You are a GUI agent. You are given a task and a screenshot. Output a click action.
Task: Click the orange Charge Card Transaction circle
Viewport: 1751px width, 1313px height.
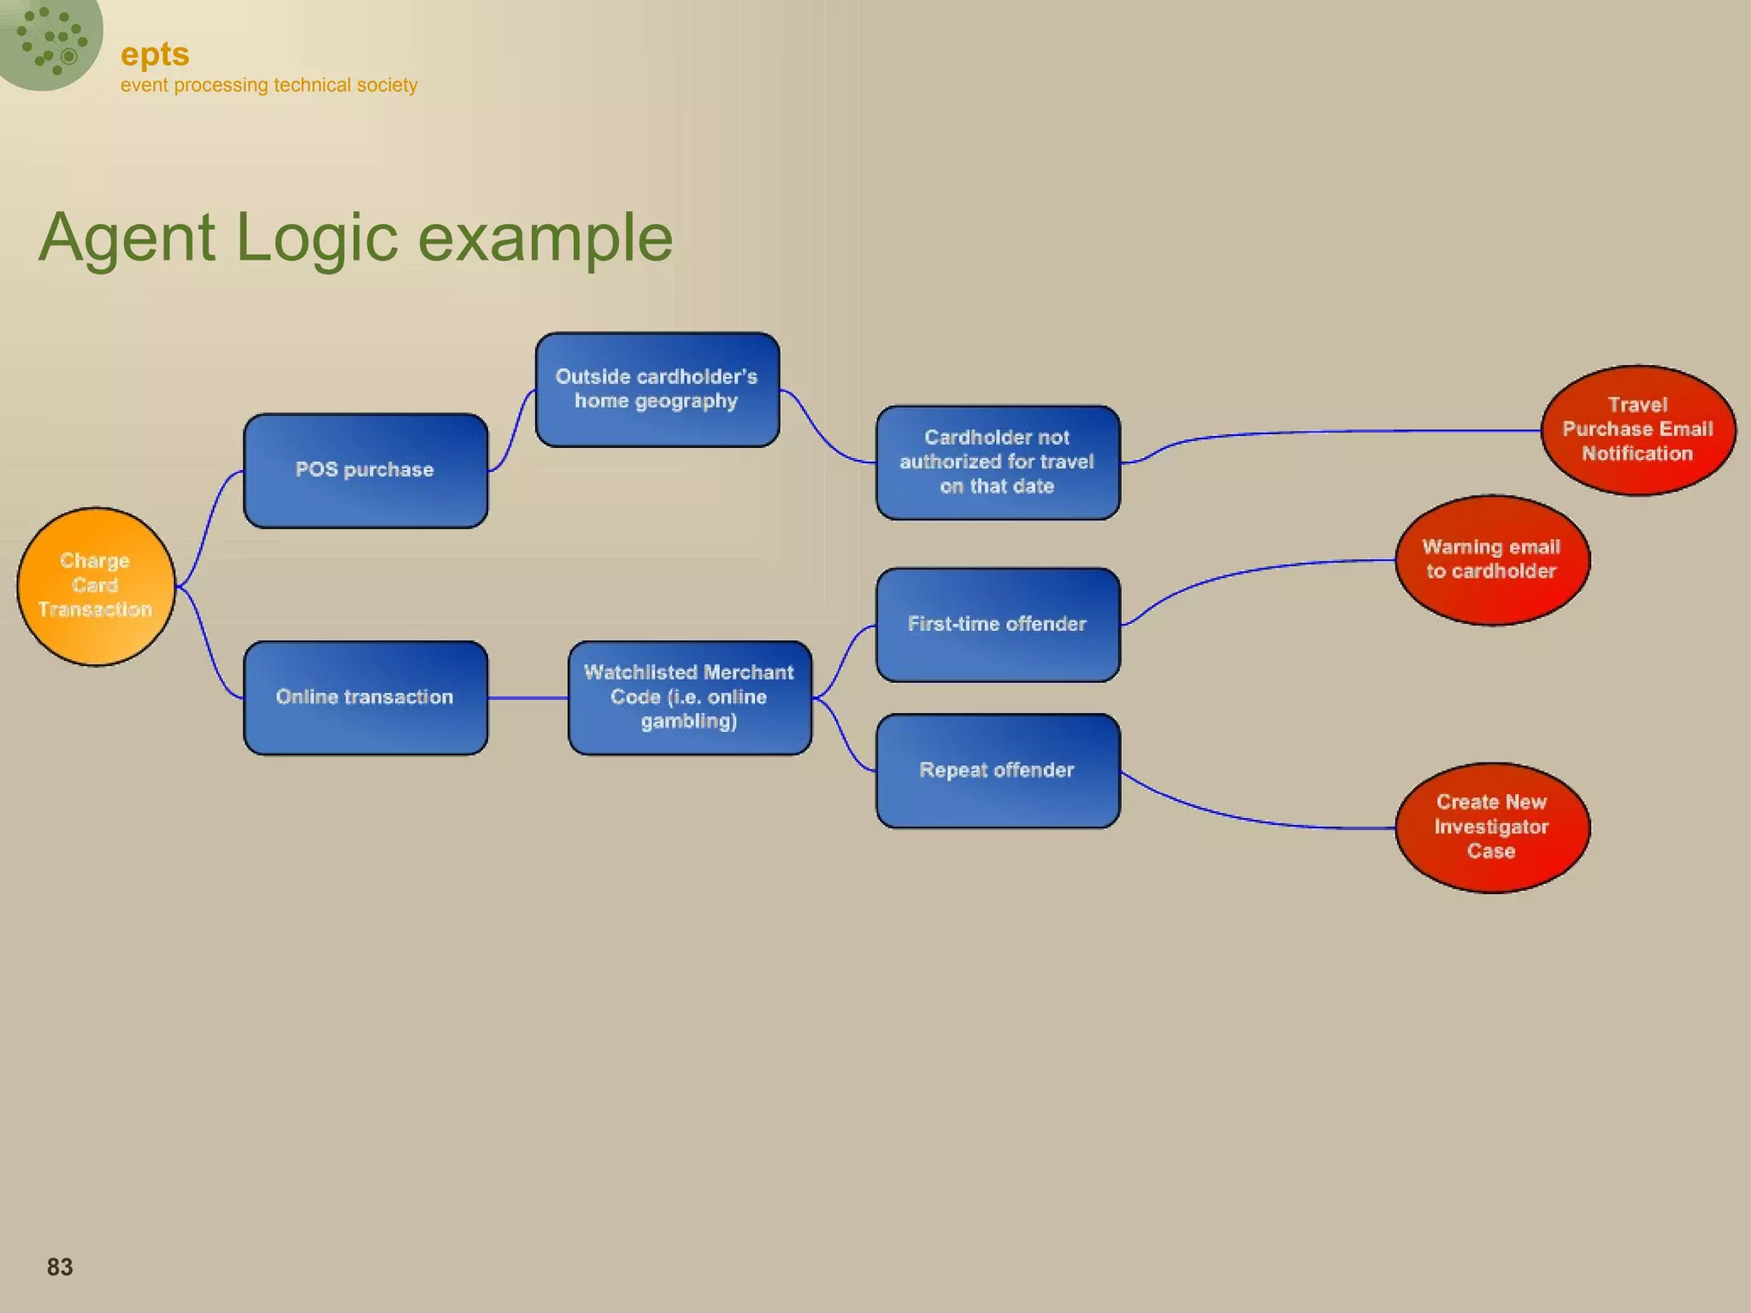pyautogui.click(x=96, y=586)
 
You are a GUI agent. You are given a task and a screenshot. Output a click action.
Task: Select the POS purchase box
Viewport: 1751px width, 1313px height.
pyautogui.click(x=365, y=470)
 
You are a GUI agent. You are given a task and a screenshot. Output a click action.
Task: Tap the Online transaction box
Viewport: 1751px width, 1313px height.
pyautogui.click(x=365, y=698)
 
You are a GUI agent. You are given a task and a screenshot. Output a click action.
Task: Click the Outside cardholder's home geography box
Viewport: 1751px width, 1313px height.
pyautogui.click(x=657, y=390)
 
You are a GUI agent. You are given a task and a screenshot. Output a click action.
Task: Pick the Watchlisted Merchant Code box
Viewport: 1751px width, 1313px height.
pyautogui.click(x=689, y=698)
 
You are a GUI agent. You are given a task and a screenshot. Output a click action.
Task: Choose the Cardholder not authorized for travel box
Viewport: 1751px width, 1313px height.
pyautogui.click(x=997, y=462)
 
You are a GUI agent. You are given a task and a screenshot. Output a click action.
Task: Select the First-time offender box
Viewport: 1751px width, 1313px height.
pyautogui.click(x=997, y=625)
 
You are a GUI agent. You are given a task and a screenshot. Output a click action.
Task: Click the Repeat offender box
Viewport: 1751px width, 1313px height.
pyautogui.click(x=997, y=770)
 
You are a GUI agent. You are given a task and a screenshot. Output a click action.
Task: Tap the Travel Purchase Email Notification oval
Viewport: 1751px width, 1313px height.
pyautogui.click(x=1637, y=430)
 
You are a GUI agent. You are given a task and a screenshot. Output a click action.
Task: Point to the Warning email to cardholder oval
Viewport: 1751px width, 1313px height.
pyautogui.click(x=1492, y=560)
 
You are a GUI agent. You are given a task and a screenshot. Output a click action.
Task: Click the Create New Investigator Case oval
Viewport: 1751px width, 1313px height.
pyautogui.click(x=1492, y=827)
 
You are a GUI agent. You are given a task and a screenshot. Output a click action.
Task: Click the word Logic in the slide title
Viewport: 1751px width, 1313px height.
pyautogui.click(x=316, y=238)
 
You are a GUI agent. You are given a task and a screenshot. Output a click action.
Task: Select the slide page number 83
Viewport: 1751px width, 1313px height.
pyautogui.click(x=60, y=1267)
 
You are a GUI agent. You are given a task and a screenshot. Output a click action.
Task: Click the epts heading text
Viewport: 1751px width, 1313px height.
pyautogui.click(x=155, y=55)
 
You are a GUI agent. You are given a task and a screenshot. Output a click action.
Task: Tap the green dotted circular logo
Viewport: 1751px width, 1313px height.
pyautogui.click(x=50, y=38)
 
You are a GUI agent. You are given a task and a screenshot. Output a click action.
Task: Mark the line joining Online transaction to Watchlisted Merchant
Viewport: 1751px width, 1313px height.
pyautogui.click(x=528, y=698)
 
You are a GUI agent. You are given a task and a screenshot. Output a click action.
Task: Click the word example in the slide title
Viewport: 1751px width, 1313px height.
pyautogui.click(x=545, y=238)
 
